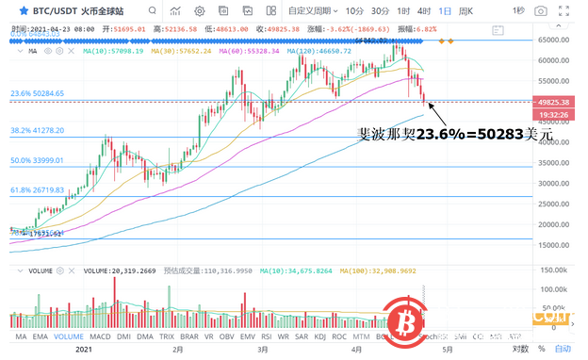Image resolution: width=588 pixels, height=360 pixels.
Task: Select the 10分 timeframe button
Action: [x=354, y=11]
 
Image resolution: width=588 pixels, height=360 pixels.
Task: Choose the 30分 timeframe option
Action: [x=380, y=11]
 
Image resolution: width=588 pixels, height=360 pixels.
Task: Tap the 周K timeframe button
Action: [x=465, y=11]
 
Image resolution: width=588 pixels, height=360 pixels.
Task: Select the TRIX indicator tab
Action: [x=167, y=336]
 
